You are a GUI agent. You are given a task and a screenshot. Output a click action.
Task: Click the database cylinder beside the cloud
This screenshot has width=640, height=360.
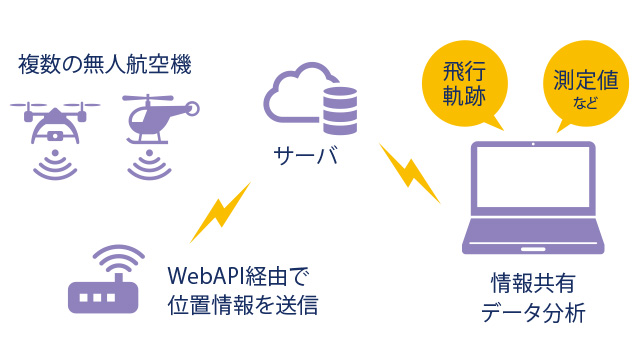[x=339, y=109]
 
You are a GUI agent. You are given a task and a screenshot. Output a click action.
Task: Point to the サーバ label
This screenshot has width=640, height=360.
[x=304, y=156]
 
